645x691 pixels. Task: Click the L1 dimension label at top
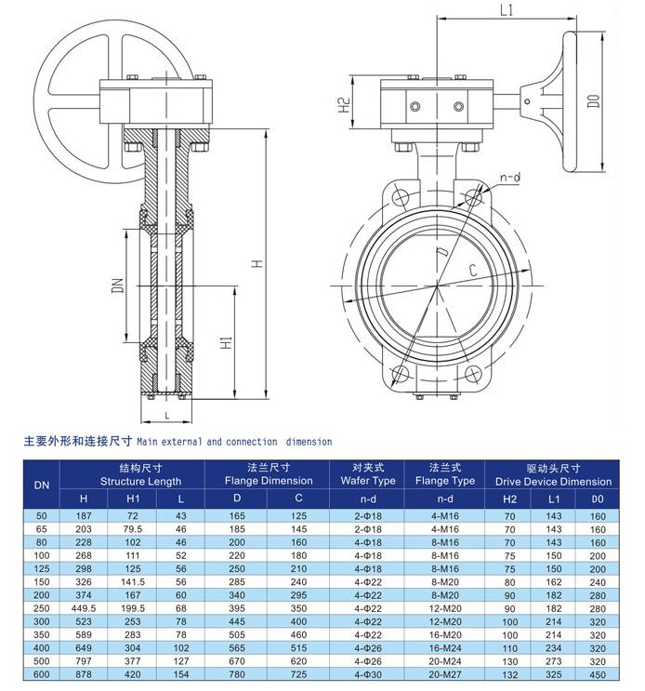click(x=506, y=11)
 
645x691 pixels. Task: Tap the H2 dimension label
click(x=343, y=106)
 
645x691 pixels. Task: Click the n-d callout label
click(x=509, y=176)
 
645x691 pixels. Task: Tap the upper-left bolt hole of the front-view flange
click(x=401, y=196)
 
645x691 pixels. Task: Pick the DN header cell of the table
click(x=42, y=485)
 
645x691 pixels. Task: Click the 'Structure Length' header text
click(x=134, y=481)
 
